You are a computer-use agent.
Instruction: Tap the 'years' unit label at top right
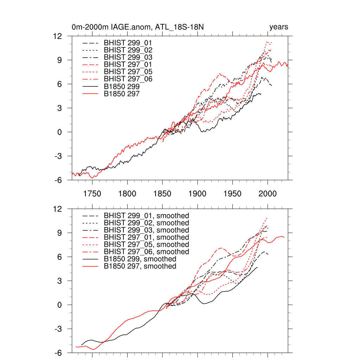coord(278,27)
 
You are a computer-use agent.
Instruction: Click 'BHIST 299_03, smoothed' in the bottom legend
coord(146,230)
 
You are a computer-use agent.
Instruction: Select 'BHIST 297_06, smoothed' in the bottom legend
coord(146,252)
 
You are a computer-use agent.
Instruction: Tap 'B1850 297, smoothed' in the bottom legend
coord(140,266)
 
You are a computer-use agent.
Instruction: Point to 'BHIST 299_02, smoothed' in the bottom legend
coord(146,223)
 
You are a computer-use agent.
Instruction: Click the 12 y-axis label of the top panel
coord(58,36)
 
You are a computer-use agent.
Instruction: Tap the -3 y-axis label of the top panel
coord(58,156)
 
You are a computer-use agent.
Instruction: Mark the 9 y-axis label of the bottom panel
coord(60,233)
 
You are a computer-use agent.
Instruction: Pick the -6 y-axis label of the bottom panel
coord(58,353)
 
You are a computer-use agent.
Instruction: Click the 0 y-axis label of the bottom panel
coord(60,305)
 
